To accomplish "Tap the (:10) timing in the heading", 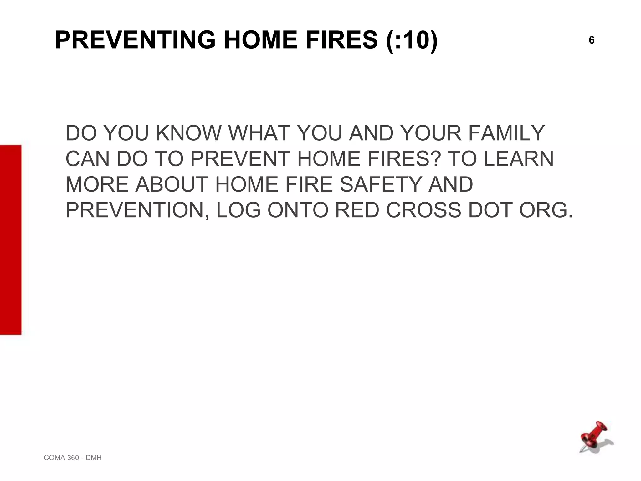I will point(412,40).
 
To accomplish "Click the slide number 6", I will point(592,40).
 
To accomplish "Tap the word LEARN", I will point(519,159).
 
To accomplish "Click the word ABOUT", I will point(172,184).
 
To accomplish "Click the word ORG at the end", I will point(546,210).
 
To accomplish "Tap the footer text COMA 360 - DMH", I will point(73,458).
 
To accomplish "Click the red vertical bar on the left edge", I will point(11,240).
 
